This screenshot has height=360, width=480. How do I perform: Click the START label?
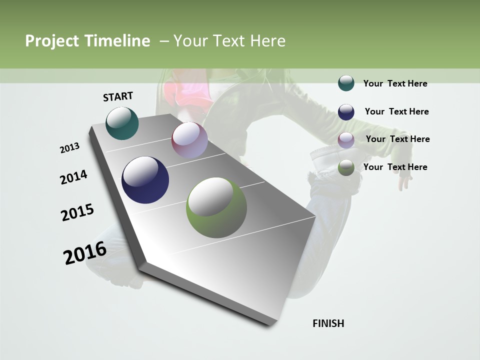coord(118,96)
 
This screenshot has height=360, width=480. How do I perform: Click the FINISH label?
coord(328,323)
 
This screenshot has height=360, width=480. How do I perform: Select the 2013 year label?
coord(69,148)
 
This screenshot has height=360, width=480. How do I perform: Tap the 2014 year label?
coord(73,177)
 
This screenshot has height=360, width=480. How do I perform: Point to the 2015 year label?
coord(77,212)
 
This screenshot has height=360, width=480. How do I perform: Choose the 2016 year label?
coord(85,253)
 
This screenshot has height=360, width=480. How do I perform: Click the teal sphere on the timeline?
coord(122,123)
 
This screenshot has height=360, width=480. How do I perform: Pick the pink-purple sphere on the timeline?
coord(189,140)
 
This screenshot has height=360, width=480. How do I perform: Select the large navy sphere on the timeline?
coord(145,180)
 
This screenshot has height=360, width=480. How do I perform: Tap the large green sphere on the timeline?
coord(216,207)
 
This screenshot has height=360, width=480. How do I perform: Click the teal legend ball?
coord(346,83)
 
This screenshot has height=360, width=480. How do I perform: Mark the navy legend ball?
coord(346,111)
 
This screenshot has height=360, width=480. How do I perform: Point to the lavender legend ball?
coord(346,139)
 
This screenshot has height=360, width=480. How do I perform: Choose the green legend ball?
coord(346,167)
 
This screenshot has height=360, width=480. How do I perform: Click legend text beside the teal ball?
coord(395,83)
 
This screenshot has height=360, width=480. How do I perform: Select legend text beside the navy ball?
coord(396,111)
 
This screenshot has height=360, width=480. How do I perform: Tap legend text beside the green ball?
coord(395,167)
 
